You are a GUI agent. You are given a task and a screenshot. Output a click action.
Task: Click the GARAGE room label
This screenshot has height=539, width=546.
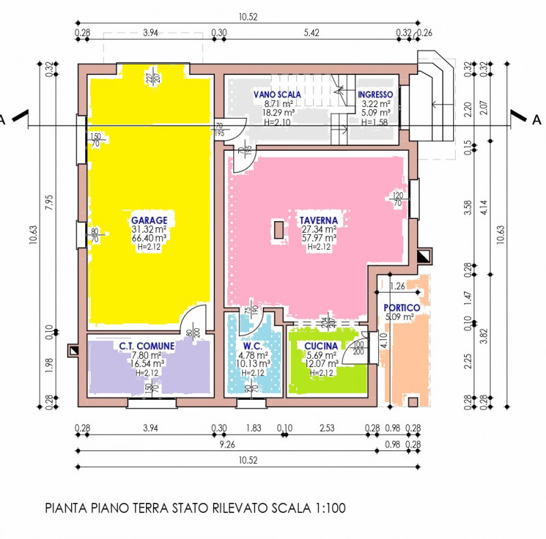[149, 220]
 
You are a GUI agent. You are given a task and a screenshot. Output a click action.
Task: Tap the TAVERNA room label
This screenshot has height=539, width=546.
[318, 220]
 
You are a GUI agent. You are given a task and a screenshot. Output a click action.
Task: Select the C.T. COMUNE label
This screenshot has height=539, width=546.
[146, 346]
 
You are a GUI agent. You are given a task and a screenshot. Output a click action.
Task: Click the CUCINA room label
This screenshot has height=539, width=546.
[321, 346]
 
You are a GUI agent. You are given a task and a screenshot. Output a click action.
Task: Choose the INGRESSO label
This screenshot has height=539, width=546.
[375, 94]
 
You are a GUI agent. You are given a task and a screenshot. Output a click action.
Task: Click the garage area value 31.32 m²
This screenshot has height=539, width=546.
[149, 229]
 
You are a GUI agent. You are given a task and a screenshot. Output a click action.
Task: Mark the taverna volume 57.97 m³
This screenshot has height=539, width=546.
[318, 238]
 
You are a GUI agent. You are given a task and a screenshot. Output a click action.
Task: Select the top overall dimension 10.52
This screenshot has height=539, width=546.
[247, 18]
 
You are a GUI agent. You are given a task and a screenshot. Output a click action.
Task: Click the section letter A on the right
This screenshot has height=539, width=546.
[536, 119]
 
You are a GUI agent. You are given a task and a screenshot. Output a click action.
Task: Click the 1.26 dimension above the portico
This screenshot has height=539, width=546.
[399, 285]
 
